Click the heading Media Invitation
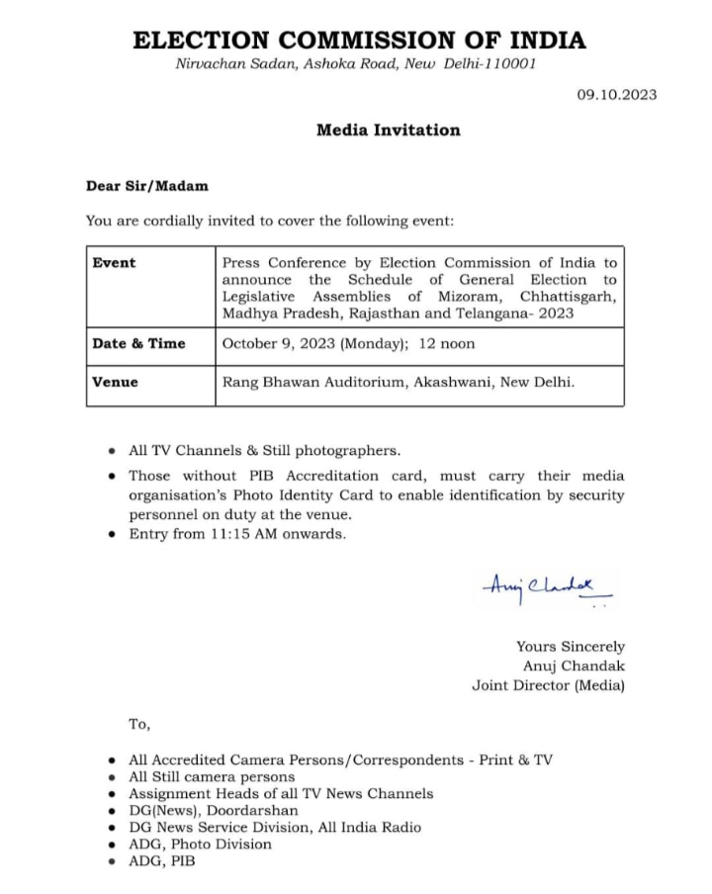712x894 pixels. tap(388, 130)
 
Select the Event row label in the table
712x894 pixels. tap(114, 263)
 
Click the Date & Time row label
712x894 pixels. tap(138, 344)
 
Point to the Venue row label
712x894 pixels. tap(115, 382)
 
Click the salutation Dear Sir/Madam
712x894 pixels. tap(147, 185)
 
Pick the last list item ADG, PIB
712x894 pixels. tap(162, 861)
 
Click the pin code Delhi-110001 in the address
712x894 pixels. tap(492, 64)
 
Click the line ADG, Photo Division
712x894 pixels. tap(200, 844)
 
